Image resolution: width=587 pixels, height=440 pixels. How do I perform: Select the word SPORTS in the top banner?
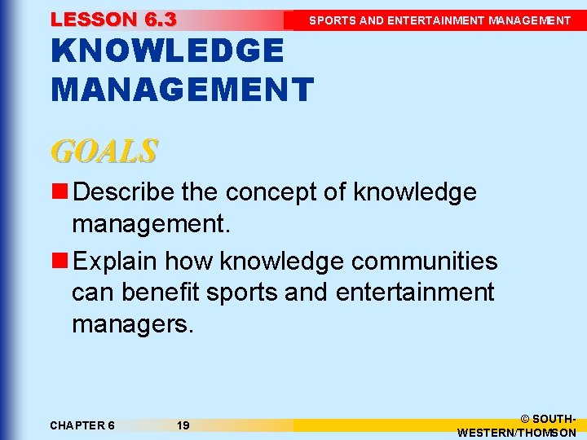click(x=332, y=20)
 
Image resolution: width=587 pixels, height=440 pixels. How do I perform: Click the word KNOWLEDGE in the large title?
click(x=167, y=51)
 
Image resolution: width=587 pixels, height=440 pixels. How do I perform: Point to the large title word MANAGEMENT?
click(x=182, y=89)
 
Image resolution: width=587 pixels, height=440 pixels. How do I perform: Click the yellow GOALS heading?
click(x=104, y=151)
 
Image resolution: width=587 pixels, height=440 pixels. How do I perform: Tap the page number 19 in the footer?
click(x=183, y=425)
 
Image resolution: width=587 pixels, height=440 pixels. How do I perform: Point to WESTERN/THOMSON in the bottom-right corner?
click(x=517, y=433)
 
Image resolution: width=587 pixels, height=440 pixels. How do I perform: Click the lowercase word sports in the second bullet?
click(x=242, y=292)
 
